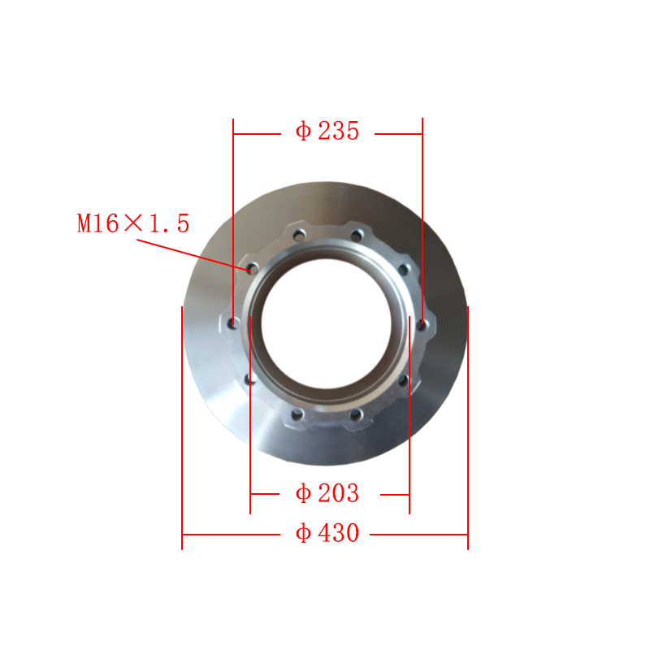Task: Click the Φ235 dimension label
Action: (x=327, y=131)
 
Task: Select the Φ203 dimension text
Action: (x=327, y=493)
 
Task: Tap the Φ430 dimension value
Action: (x=327, y=533)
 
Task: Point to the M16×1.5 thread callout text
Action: (x=133, y=223)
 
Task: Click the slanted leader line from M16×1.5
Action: (x=193, y=255)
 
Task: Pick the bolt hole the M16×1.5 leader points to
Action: (x=253, y=269)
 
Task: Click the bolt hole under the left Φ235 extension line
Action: (x=234, y=323)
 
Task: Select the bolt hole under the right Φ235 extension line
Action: (x=422, y=324)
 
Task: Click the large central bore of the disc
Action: (x=327, y=323)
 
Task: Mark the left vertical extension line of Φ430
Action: (x=182, y=428)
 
